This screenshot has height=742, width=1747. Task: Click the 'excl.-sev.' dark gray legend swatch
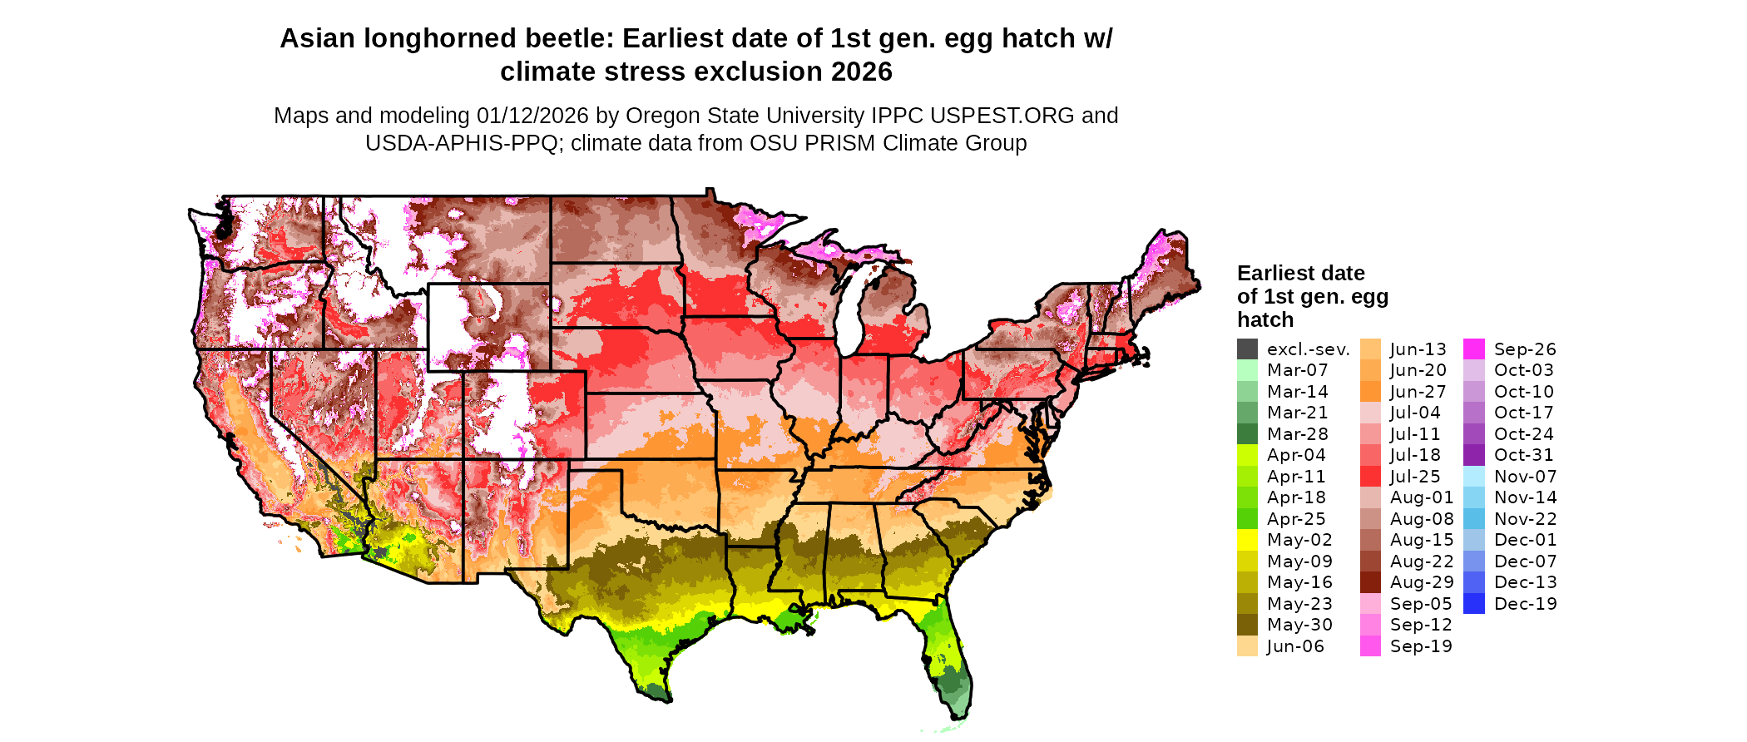[x=1247, y=349]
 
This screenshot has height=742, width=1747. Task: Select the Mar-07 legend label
[x=1297, y=370]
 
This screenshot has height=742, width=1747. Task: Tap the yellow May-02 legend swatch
[x=1247, y=540]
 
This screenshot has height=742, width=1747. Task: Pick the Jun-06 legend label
[x=1295, y=646]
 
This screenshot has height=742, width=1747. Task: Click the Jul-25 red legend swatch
[x=1370, y=477]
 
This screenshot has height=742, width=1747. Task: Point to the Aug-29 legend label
[x=1422, y=582]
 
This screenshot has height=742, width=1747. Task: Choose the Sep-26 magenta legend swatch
[x=1474, y=349]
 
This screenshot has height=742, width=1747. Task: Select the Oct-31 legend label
[x=1523, y=455]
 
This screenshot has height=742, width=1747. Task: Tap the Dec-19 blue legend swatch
[x=1474, y=604]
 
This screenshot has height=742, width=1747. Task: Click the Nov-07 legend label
[x=1525, y=477]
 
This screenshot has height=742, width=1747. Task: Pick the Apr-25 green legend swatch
[x=1247, y=519]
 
